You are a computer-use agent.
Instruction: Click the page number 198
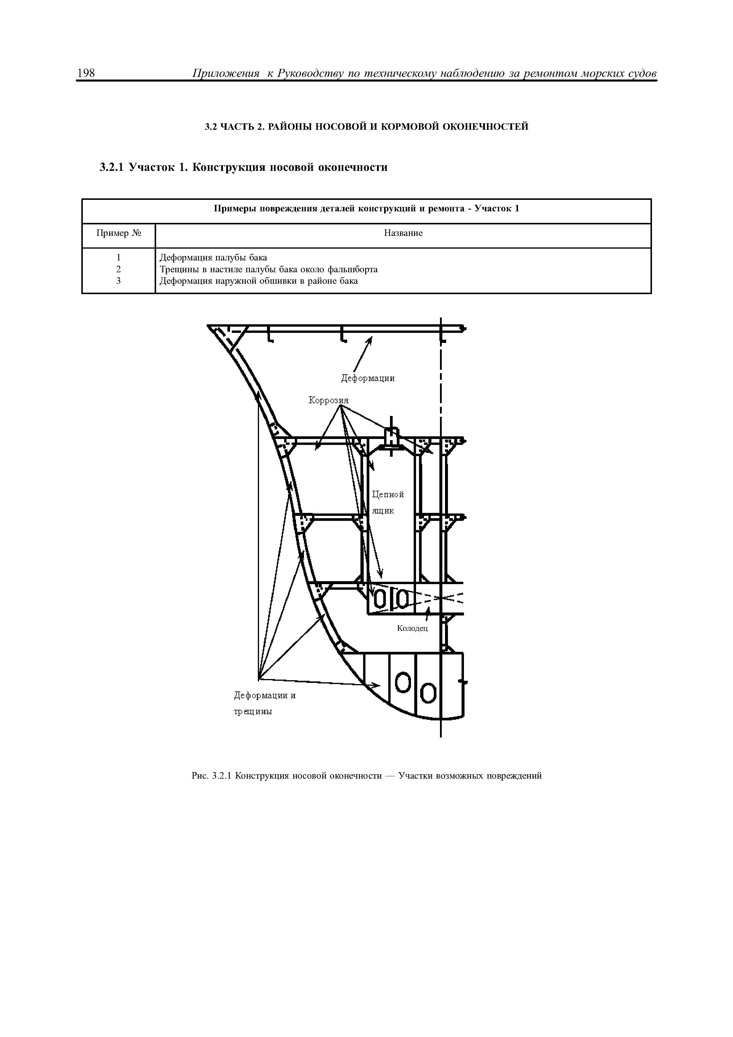pyautogui.click(x=86, y=73)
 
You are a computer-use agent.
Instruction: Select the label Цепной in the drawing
pyautogui.click(x=388, y=495)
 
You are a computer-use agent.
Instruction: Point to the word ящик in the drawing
pyautogui.click(x=383, y=511)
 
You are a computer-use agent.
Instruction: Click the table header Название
pyautogui.click(x=403, y=233)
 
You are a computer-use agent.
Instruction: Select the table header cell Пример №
pyautogui.click(x=118, y=233)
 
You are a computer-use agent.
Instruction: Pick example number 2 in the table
pyautogui.click(x=118, y=269)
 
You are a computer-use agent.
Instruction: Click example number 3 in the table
pyautogui.click(x=118, y=281)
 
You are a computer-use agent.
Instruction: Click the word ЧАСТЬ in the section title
pyautogui.click(x=237, y=127)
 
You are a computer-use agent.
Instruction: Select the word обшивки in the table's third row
pyautogui.click(x=266, y=281)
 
